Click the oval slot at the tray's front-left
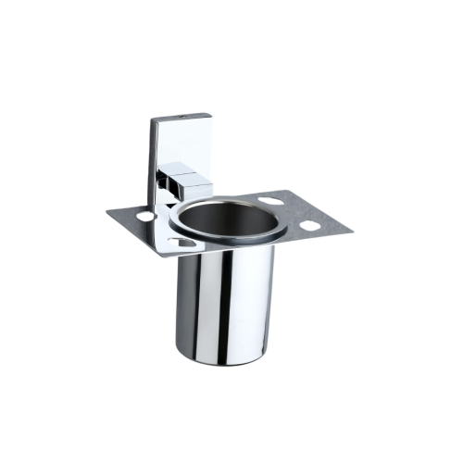pos(182,244)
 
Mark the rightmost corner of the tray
pos(355,229)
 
